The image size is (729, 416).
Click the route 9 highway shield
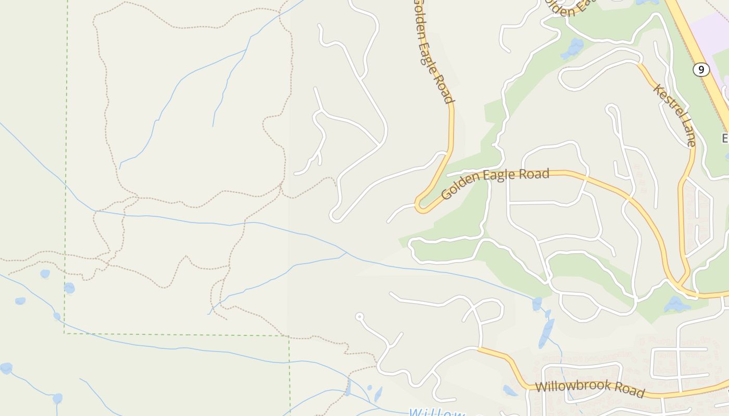coord(701,69)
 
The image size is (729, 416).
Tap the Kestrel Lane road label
coord(674,115)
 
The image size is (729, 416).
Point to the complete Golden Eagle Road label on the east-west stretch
coord(495,183)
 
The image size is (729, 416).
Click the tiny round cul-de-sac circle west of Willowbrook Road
coord(359,316)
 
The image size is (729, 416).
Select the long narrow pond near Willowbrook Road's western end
coord(546,333)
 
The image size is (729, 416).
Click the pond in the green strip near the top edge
coord(573,48)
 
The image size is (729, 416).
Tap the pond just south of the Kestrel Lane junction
coord(677,304)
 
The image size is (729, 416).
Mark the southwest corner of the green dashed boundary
coord(65,333)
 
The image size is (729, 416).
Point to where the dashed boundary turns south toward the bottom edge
coord(290,336)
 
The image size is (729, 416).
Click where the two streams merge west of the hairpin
coord(347,253)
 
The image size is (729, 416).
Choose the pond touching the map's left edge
coord(5,368)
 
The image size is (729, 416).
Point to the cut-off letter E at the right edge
coord(725,138)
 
